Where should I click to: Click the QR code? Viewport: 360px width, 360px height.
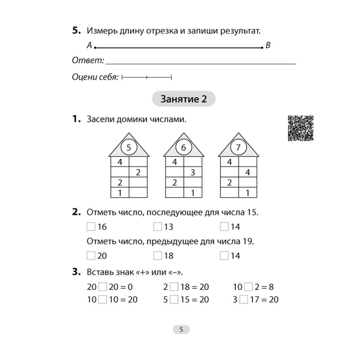300,128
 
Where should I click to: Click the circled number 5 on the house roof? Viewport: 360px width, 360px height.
128,147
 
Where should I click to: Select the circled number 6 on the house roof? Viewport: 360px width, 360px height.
183,147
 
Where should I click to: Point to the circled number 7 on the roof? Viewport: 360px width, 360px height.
238,147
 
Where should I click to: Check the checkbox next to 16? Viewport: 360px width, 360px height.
91,226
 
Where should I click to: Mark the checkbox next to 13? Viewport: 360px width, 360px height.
157,226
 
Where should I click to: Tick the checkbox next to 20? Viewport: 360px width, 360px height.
91,256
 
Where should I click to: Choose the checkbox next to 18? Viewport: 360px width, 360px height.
157,256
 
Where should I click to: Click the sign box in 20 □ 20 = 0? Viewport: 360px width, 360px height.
103,287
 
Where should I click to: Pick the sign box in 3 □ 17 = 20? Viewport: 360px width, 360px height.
244,299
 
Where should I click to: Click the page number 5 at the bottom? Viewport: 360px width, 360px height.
181,329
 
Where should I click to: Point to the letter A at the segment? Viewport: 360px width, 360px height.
89,45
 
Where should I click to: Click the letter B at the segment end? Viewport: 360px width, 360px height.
268,45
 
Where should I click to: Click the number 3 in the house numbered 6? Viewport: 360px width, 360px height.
192,171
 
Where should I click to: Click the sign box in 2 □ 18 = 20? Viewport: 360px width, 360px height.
173,287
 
